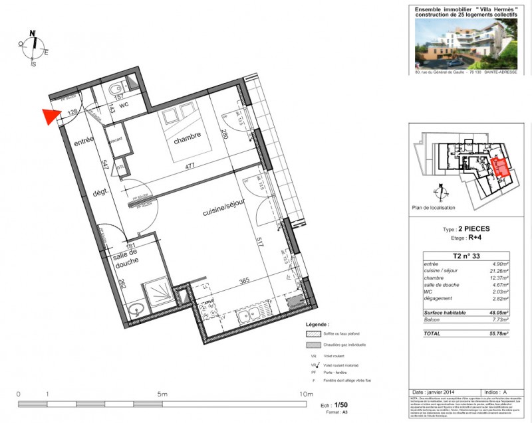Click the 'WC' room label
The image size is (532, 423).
click(124, 104)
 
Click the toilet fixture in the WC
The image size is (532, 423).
click(116, 88)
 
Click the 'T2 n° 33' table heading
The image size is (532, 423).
click(466, 256)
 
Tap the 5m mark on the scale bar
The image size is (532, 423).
click(162, 394)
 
